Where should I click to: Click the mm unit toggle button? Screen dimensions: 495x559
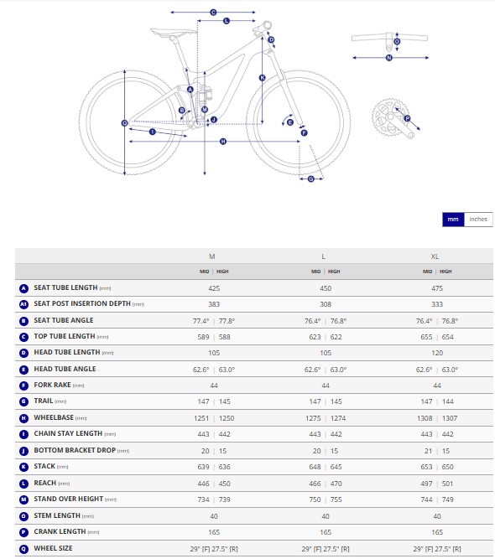pyautogui.click(x=453, y=220)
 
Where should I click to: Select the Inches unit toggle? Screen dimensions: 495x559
pyautogui.click(x=478, y=220)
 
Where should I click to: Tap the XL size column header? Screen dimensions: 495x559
pyautogui.click(x=435, y=256)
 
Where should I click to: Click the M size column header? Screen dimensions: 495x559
pyautogui.click(x=212, y=256)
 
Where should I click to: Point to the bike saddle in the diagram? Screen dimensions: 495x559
pyautogui.click(x=173, y=34)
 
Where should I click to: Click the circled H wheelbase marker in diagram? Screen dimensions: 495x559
pyautogui.click(x=223, y=142)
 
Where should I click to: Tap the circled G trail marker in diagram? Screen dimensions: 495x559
pyautogui.click(x=311, y=179)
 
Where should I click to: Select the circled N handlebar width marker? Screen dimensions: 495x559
pyautogui.click(x=389, y=58)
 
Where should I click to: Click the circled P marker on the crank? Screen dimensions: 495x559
pyautogui.click(x=407, y=118)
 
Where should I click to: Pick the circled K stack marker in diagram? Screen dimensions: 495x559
pyautogui.click(x=263, y=78)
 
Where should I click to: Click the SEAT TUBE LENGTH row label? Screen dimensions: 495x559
pyautogui.click(x=65, y=287)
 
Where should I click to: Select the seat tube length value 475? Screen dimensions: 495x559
pyautogui.click(x=437, y=288)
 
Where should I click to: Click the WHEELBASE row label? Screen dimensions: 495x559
pyautogui.click(x=54, y=417)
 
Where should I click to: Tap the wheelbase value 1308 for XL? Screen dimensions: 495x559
pyautogui.click(x=425, y=418)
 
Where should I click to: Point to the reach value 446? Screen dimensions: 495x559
pyautogui.click(x=203, y=484)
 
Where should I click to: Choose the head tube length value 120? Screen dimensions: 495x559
pyautogui.click(x=437, y=353)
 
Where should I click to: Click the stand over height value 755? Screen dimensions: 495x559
pyautogui.click(x=336, y=499)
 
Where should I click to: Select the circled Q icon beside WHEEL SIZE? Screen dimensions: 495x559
pyautogui.click(x=24, y=549)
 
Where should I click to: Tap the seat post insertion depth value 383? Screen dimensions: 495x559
pyautogui.click(x=214, y=304)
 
